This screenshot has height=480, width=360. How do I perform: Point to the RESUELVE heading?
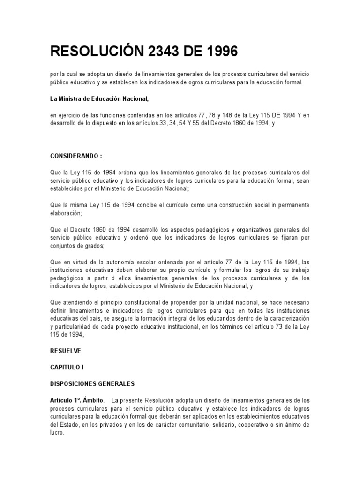[x=65, y=350]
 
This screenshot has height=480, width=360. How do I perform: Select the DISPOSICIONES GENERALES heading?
[x=92, y=383]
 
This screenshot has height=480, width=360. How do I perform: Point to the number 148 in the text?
[x=225, y=116]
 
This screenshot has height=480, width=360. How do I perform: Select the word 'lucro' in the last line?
[x=57, y=433]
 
